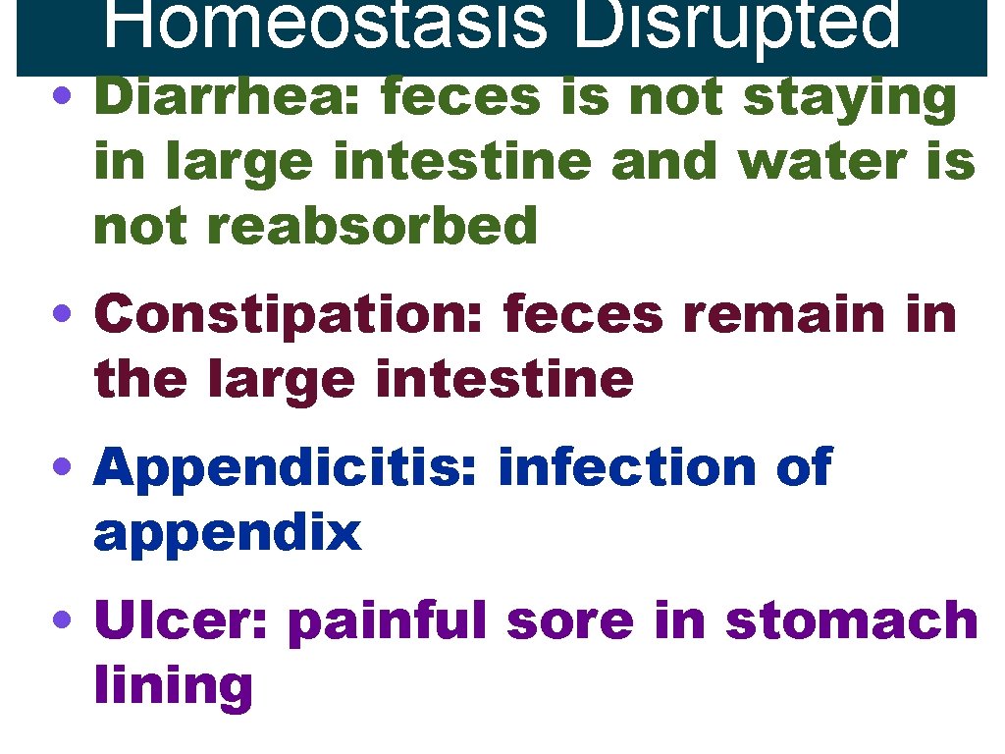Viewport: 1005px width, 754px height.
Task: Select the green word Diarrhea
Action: (x=231, y=98)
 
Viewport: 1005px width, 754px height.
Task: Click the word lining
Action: (x=173, y=687)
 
